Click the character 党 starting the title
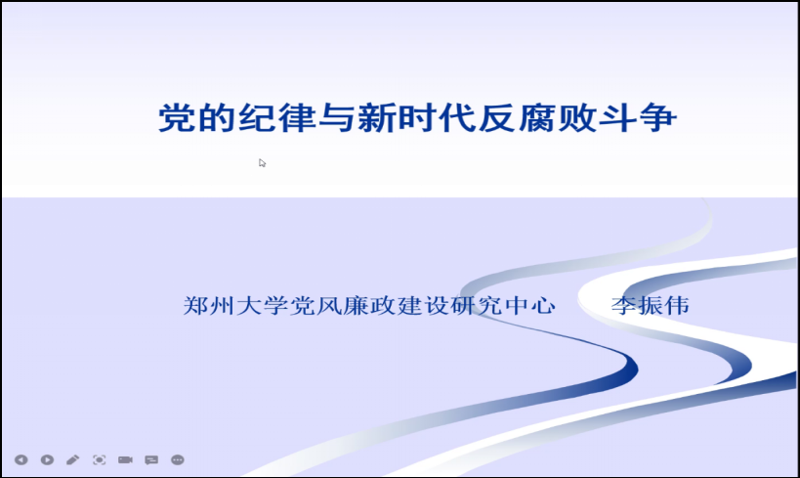[177, 118]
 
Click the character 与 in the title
[337, 118]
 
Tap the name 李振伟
[651, 305]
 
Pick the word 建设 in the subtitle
[423, 305]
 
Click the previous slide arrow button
[21, 460]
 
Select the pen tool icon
[73, 460]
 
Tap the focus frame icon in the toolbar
[99, 460]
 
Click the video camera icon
[125, 460]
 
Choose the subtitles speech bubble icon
[151, 460]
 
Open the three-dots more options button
[178, 460]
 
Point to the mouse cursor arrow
[262, 163]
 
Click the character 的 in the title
[217, 118]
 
